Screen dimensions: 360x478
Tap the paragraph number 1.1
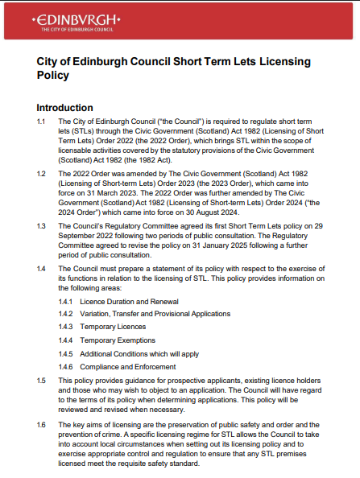click(x=42, y=121)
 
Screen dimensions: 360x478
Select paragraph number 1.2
click(x=42, y=173)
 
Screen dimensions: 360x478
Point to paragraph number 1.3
click(x=42, y=226)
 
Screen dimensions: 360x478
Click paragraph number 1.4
click(x=42, y=267)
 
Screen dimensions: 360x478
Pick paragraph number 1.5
click(x=42, y=377)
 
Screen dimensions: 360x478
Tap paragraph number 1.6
click(x=42, y=423)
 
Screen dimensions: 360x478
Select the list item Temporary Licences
click(x=112, y=327)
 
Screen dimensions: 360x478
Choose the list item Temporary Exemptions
click(x=117, y=340)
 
